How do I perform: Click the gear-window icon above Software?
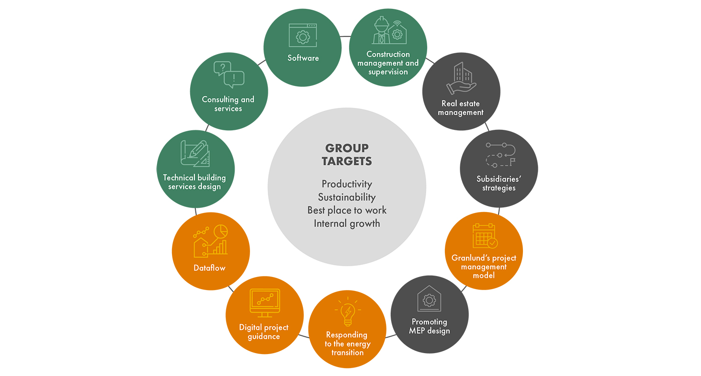(x=302, y=35)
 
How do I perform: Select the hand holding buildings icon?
(x=461, y=79)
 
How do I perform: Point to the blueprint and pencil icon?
(x=195, y=153)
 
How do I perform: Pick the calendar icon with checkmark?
(x=485, y=236)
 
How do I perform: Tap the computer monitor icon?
(x=265, y=303)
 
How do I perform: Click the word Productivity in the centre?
(x=347, y=184)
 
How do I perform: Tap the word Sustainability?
(x=347, y=197)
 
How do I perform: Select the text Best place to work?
(x=347, y=210)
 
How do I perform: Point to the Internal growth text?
(x=347, y=223)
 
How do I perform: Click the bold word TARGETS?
(x=347, y=162)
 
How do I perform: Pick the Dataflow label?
(x=209, y=268)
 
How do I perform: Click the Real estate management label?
(x=460, y=108)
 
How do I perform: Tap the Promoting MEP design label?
(x=429, y=326)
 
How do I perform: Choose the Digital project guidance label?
(x=264, y=332)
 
